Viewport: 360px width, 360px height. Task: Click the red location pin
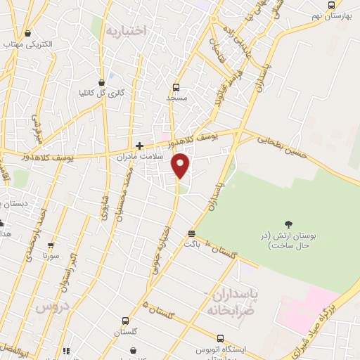pyautogui.click(x=181, y=165)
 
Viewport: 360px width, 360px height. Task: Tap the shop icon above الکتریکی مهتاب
pyautogui.click(x=27, y=33)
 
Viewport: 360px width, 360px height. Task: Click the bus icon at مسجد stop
pyautogui.click(x=175, y=87)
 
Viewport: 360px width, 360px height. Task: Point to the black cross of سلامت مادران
pyautogui.click(x=139, y=146)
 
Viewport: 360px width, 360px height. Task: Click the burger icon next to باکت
pyautogui.click(x=191, y=234)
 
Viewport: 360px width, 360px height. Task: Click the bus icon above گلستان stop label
pyautogui.click(x=125, y=320)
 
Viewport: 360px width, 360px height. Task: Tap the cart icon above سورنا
pyautogui.click(x=50, y=246)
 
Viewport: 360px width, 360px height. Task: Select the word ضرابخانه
pyautogui.click(x=229, y=307)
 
